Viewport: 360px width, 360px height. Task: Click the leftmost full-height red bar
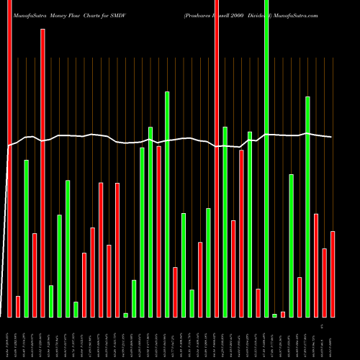click(x=10, y=158)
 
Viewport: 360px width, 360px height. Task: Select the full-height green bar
click(x=266, y=158)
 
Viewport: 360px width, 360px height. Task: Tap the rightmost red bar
click(x=333, y=274)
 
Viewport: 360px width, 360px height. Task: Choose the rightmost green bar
click(x=307, y=207)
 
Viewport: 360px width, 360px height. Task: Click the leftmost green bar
click(x=27, y=238)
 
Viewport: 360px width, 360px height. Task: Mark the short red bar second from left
click(x=18, y=307)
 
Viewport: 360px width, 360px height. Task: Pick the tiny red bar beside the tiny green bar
click(x=283, y=315)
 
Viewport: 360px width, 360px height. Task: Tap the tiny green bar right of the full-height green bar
click(x=274, y=315)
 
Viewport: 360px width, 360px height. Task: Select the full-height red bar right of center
click(x=217, y=158)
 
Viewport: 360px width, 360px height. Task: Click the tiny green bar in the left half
click(x=125, y=315)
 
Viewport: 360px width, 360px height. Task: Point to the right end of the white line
click(x=331, y=137)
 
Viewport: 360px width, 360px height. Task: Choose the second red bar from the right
click(x=324, y=283)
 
